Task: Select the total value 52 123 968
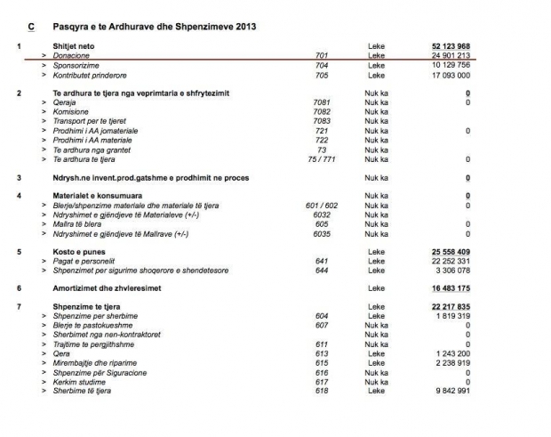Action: coord(451,45)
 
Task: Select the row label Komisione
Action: coord(73,112)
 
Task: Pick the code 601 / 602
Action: coord(322,206)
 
